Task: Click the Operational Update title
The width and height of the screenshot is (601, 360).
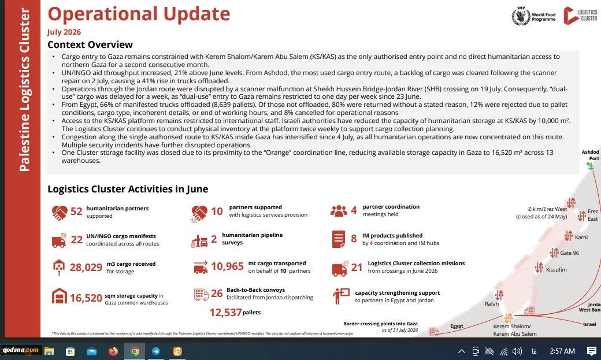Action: click(x=139, y=14)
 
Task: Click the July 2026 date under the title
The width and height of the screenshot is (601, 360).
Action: click(x=64, y=32)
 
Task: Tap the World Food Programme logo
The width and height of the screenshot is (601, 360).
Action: click(x=533, y=16)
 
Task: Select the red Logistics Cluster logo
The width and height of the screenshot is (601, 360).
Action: click(x=580, y=16)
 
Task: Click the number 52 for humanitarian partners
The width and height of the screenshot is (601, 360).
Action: click(x=76, y=211)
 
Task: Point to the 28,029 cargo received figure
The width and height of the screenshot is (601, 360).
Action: click(x=86, y=267)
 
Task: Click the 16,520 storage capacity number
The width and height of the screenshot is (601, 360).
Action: click(x=86, y=298)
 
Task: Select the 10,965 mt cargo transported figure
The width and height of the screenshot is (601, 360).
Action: click(x=227, y=266)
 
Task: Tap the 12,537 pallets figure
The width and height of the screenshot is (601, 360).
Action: click(x=226, y=313)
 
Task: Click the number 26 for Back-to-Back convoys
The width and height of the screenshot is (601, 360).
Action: click(x=217, y=294)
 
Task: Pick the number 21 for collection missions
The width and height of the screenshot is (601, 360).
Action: click(x=357, y=267)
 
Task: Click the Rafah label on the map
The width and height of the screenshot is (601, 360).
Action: click(x=492, y=303)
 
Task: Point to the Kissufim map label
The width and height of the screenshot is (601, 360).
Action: click(x=556, y=269)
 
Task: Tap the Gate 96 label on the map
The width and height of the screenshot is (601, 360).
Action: click(x=570, y=253)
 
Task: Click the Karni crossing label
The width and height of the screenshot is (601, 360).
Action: click(x=581, y=237)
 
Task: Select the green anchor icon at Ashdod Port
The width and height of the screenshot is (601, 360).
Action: click(x=590, y=166)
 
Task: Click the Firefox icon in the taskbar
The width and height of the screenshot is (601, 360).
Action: click(x=113, y=351)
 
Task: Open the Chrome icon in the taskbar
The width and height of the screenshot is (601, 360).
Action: click(x=135, y=351)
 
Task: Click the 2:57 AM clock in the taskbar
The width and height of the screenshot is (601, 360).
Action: click(x=562, y=351)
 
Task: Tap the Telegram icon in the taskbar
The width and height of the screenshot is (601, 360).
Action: click(x=156, y=351)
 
